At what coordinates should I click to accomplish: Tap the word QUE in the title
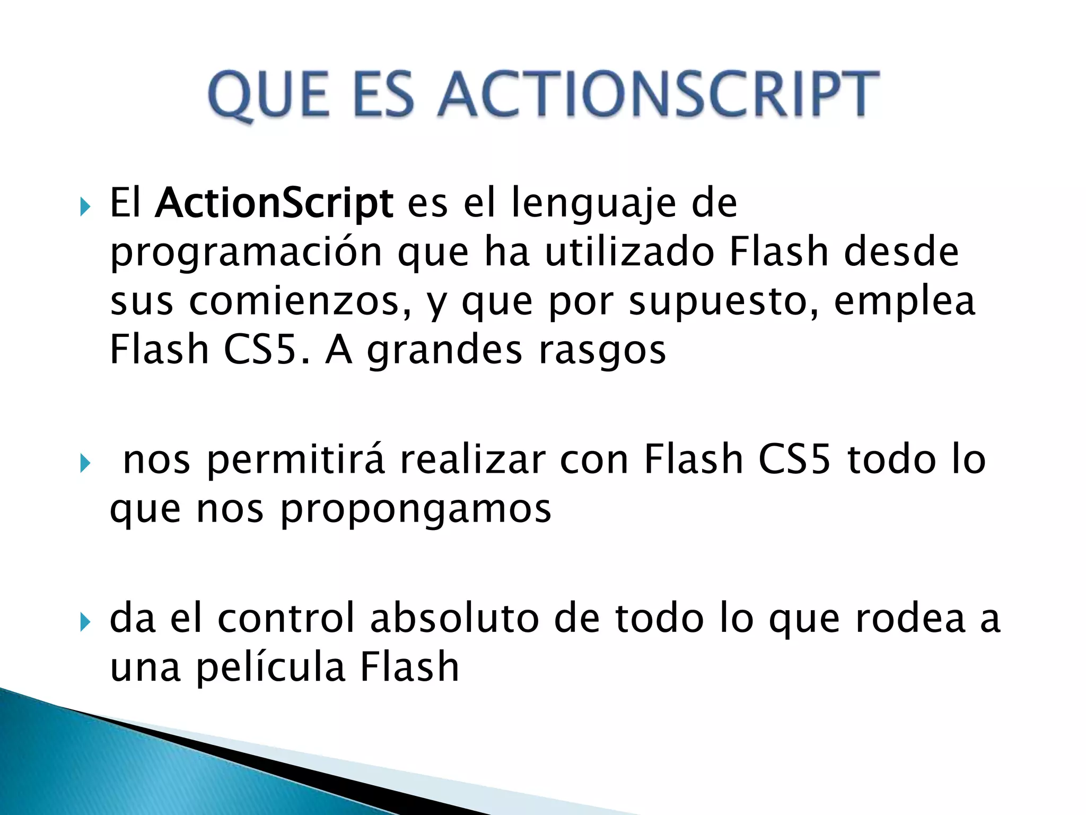click(x=268, y=96)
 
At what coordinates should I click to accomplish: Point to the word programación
click(x=246, y=253)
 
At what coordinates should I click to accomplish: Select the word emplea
click(x=904, y=301)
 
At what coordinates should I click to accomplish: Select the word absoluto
click(x=454, y=618)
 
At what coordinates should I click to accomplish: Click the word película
click(x=271, y=667)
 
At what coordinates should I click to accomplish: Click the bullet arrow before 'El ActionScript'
click(x=85, y=206)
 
